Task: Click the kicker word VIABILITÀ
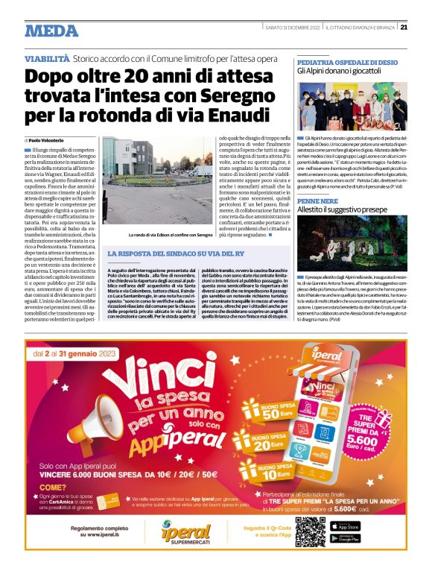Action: click(47, 58)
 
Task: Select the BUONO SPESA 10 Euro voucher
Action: click(276, 469)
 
